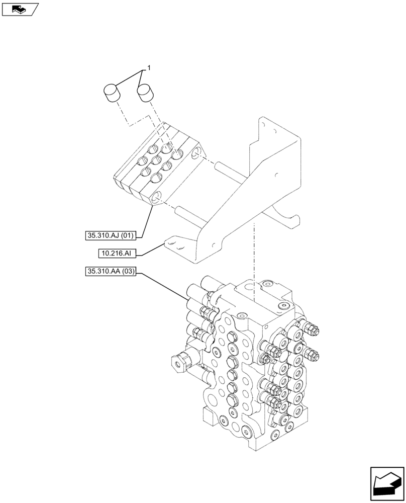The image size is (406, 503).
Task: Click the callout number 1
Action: point(149,67)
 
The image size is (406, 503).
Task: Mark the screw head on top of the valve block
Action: point(285,305)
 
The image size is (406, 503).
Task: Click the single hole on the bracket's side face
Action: point(277,176)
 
